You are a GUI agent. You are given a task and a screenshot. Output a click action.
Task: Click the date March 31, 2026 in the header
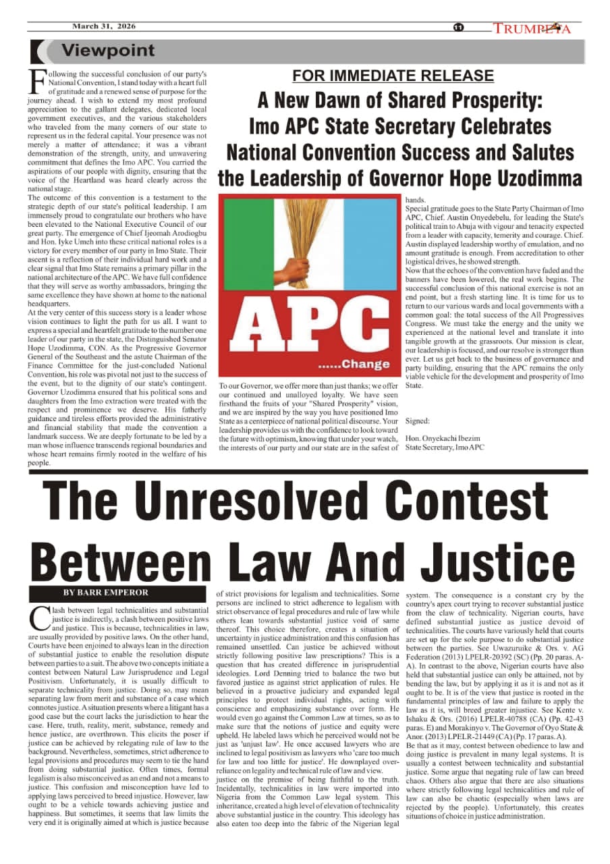104,26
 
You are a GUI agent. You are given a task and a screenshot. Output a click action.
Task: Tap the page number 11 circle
458,28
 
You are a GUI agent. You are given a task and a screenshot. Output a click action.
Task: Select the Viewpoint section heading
108,51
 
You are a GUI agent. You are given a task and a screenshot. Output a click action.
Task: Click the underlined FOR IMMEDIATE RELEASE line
393,76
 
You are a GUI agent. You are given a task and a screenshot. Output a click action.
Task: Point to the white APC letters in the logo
308,329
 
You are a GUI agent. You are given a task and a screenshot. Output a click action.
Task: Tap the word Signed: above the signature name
419,421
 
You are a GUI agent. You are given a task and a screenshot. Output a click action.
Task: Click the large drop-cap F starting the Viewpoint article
38,81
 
